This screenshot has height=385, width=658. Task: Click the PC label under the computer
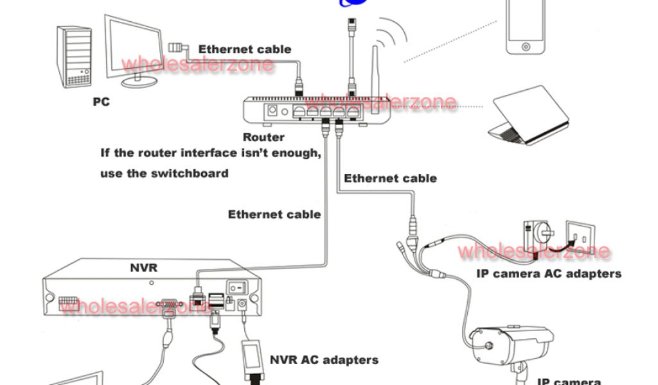point(101,101)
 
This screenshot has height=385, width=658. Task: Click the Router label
point(263,137)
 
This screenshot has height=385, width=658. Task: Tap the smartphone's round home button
point(526,47)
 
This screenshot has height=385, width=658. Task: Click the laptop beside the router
point(529,117)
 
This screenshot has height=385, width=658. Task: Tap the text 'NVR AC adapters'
point(324,359)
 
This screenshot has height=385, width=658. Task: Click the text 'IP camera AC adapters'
point(549,273)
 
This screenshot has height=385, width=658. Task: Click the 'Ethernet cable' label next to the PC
point(244,49)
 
